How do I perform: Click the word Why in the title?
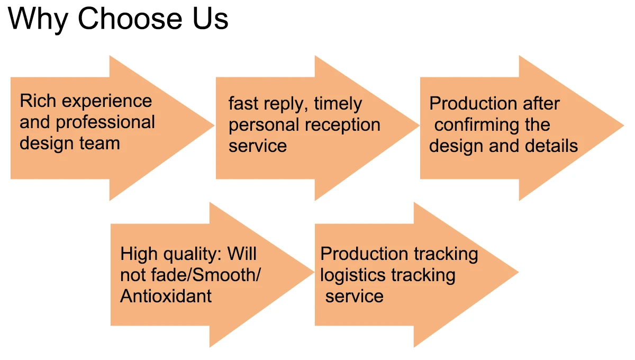click(x=39, y=19)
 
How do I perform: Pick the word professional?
click(x=105, y=123)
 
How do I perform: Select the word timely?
click(x=338, y=104)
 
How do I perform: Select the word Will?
click(x=242, y=254)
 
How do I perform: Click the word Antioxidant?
click(x=166, y=295)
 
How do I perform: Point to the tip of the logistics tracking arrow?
click(x=518, y=274)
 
